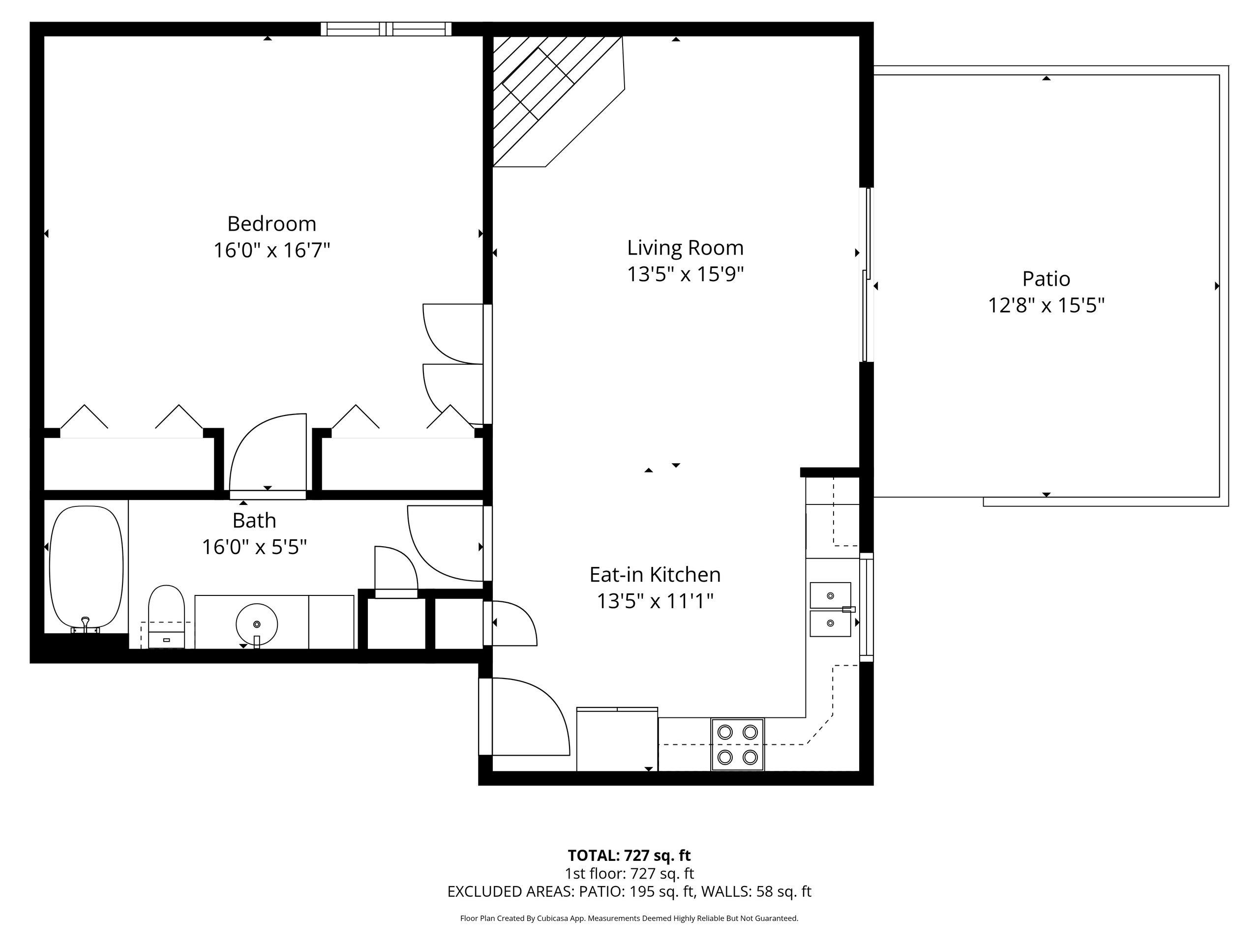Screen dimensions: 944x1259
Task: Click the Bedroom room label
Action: (x=271, y=224)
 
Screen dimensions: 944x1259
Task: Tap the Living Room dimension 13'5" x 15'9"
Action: (x=685, y=274)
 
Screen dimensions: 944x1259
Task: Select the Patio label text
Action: (x=1046, y=279)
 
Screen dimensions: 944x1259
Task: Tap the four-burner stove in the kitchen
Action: (x=737, y=744)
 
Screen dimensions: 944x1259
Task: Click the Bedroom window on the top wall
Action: (x=386, y=29)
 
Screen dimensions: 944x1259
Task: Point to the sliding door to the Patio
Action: (x=866, y=275)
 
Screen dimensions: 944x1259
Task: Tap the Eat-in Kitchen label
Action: (x=655, y=574)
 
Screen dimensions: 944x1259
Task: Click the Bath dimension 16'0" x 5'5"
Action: (x=254, y=547)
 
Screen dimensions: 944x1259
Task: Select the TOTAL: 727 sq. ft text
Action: (x=629, y=855)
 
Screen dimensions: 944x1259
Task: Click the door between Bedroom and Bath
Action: (x=268, y=455)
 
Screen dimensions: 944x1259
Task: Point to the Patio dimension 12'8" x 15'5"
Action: (x=1046, y=305)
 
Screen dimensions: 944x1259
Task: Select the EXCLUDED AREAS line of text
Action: (x=629, y=892)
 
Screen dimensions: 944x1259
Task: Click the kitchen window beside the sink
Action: (x=866, y=607)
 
